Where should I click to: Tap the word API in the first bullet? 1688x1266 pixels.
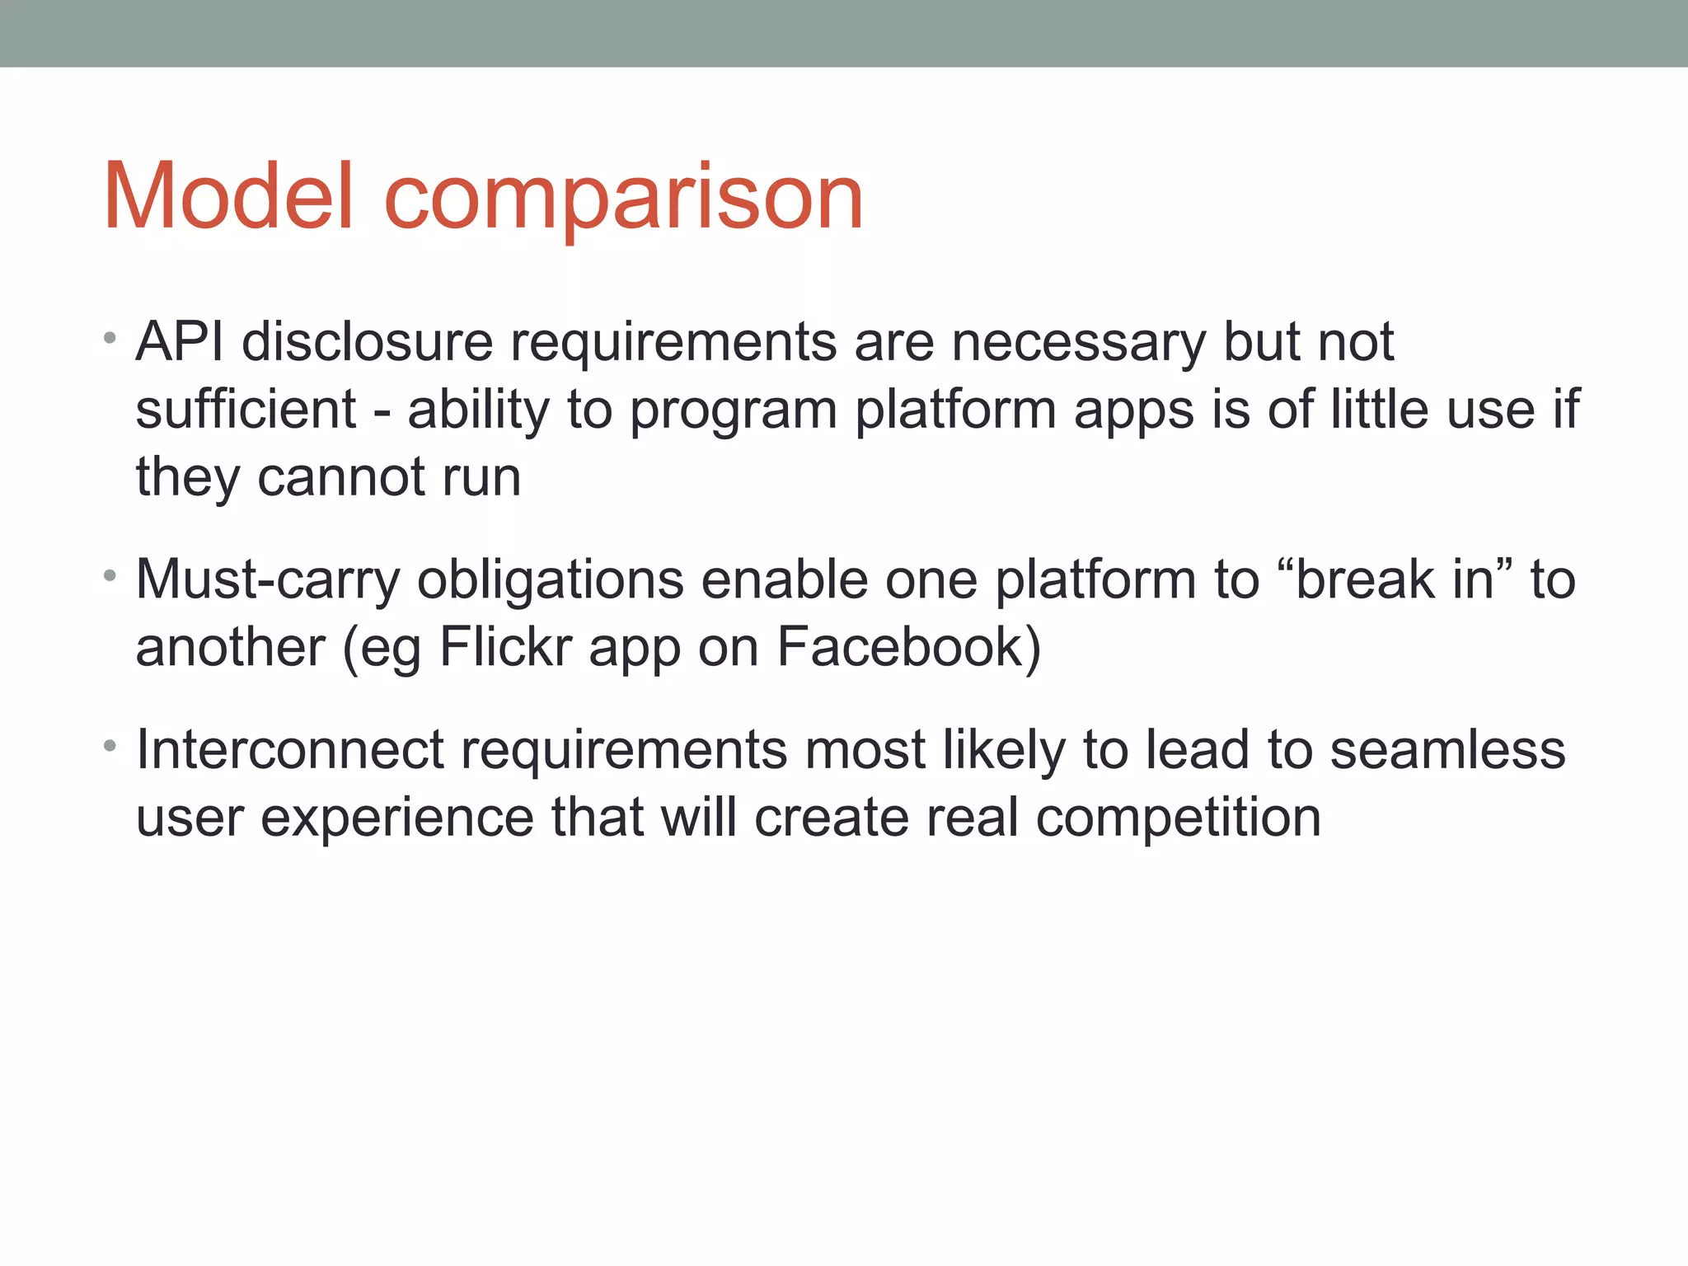(180, 340)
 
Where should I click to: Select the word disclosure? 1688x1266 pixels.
(367, 340)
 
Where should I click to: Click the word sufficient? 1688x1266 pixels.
(246, 409)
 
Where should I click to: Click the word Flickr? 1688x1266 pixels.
(505, 646)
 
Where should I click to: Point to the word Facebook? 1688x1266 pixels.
(909, 646)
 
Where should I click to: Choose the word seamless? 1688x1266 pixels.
(1447, 749)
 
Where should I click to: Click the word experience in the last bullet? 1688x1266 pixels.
(397, 819)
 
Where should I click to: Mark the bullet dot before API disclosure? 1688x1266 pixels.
(110, 338)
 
